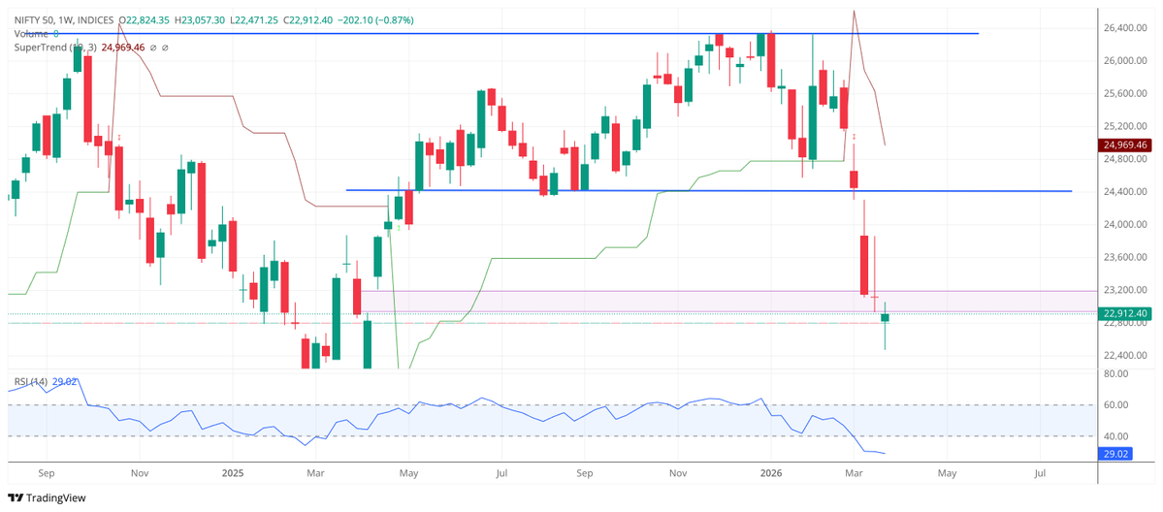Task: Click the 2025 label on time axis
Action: coord(232,473)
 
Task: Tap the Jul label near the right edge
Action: coord(1040,473)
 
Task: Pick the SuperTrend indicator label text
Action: coord(45,47)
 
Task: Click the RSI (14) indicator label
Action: coord(28,381)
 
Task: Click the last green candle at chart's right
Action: coord(885,318)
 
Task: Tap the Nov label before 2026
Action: coord(678,473)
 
